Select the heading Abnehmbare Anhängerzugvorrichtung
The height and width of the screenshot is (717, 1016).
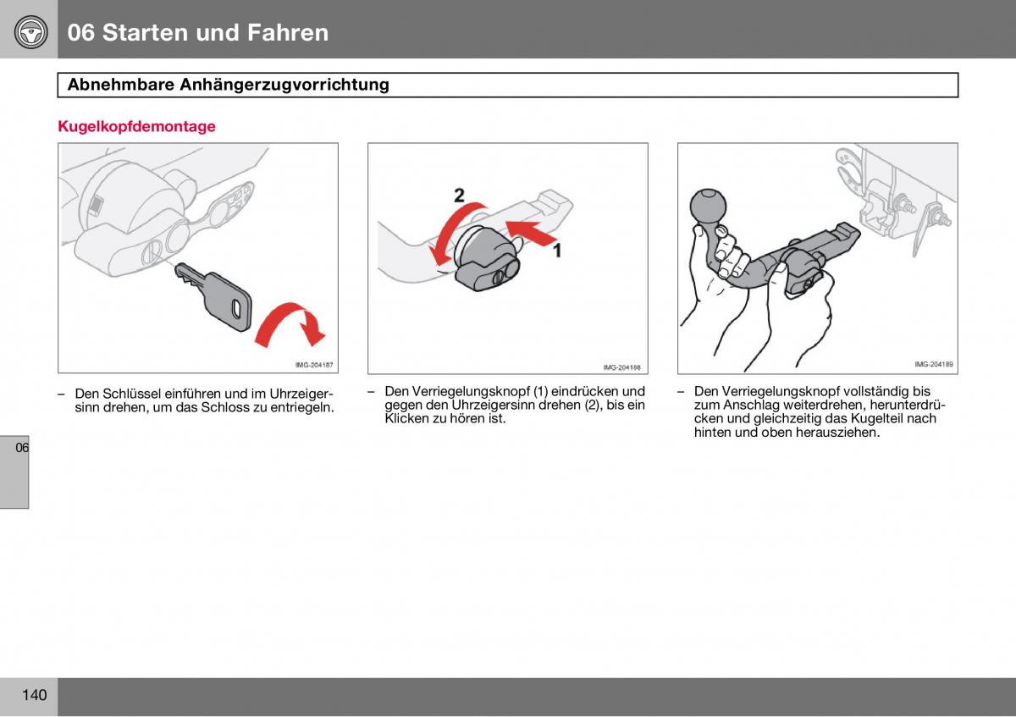tap(228, 85)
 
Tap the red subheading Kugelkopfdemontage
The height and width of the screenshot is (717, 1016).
tap(136, 127)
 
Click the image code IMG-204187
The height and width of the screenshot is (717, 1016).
tap(313, 366)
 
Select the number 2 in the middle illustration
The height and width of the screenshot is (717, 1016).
tap(459, 196)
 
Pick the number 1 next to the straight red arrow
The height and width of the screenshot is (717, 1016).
tap(557, 250)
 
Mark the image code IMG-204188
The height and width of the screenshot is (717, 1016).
tap(622, 367)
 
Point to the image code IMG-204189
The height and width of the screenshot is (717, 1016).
tap(933, 365)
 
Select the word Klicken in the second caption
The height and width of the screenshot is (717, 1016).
tap(406, 418)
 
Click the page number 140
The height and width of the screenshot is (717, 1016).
tap(34, 696)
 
